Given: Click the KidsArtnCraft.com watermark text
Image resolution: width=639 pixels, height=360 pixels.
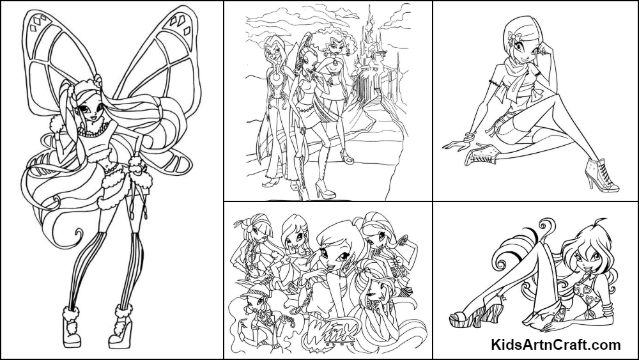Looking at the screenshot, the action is (x=556, y=345).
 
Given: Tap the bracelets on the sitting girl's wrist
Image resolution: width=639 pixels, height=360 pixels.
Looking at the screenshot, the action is (x=468, y=137).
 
